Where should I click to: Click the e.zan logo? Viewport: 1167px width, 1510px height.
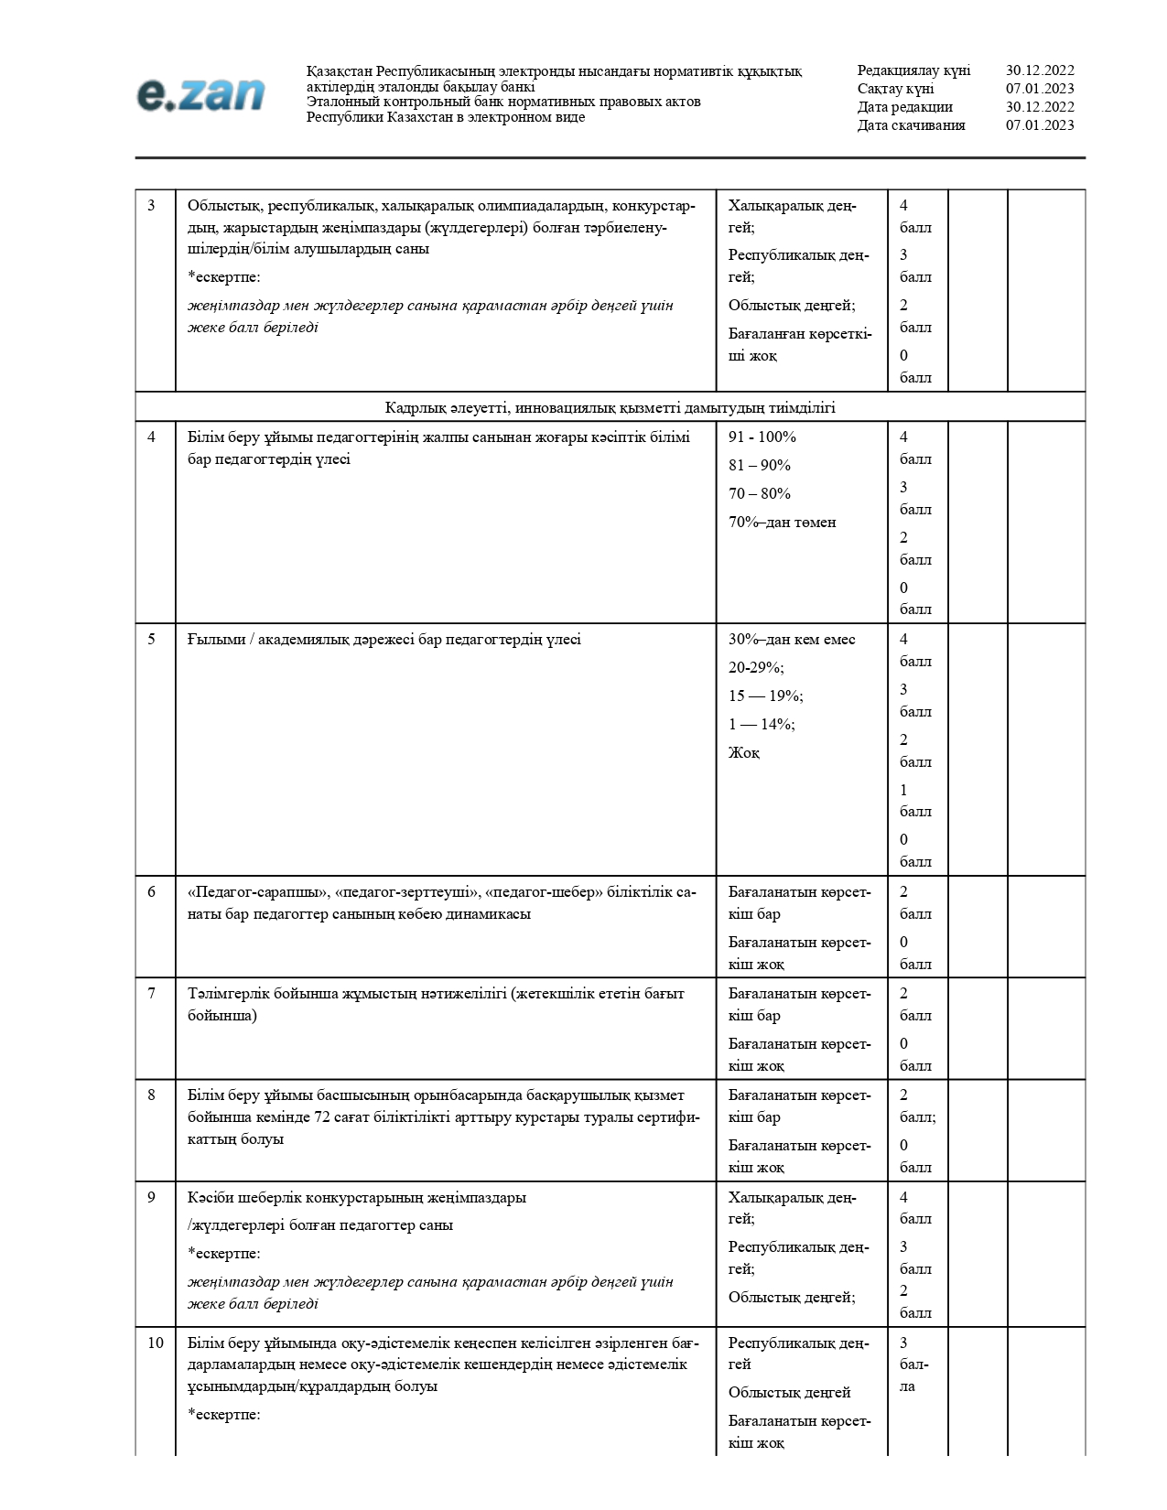coord(200,94)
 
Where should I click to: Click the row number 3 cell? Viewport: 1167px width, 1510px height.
coord(152,206)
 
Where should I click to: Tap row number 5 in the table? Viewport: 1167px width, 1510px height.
coord(152,640)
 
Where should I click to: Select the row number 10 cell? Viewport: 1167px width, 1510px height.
coord(156,1343)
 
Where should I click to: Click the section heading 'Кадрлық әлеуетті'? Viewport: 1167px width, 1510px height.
coord(610,407)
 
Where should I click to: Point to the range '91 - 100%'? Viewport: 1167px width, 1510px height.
coord(762,437)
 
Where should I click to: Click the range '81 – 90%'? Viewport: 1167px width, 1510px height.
coord(759,466)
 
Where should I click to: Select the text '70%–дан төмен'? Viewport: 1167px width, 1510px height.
coord(782,523)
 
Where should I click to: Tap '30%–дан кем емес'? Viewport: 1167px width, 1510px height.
coord(791,640)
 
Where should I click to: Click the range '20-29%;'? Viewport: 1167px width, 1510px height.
coord(756,668)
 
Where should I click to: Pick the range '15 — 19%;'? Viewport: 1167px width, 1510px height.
coord(765,696)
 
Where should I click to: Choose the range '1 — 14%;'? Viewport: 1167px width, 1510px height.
coord(762,725)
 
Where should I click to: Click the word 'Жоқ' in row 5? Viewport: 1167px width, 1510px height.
coord(743,753)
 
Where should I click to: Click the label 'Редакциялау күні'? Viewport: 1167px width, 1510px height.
coord(913,70)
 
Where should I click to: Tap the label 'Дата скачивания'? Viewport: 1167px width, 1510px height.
coord(911,125)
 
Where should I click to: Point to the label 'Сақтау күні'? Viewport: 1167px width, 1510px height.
coord(895,89)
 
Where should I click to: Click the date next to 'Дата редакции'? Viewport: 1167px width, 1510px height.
coord(1040,107)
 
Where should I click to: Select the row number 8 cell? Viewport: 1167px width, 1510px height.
coord(152,1095)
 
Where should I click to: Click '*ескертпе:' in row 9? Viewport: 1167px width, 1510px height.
coord(224,1254)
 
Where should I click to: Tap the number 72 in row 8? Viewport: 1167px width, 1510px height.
coord(323,1117)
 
